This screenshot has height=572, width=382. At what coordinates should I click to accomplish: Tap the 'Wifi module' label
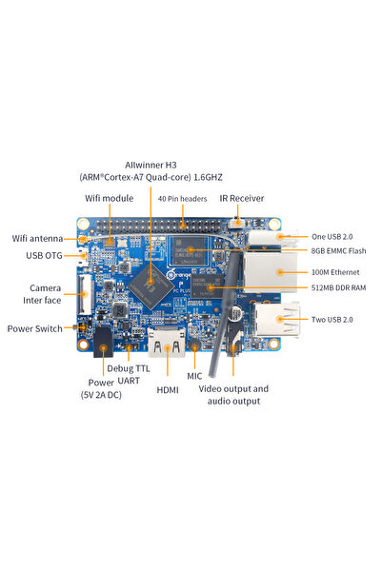pos(111,198)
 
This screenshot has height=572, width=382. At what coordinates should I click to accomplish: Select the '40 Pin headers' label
pos(182,198)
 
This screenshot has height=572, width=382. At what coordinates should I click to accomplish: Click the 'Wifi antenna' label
pos(37,238)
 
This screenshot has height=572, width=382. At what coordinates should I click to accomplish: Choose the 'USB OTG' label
pos(45,255)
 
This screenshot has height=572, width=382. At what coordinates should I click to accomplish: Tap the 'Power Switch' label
pos(34,328)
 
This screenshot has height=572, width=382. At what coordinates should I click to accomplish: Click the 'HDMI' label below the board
pos(167,390)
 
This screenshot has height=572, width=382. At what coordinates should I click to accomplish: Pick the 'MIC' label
pos(194,376)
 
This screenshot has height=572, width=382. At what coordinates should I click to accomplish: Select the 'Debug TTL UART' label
pos(128,374)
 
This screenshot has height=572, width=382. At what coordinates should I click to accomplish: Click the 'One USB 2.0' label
pos(332,236)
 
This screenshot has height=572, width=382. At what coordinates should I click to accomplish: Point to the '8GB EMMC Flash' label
pos(338,251)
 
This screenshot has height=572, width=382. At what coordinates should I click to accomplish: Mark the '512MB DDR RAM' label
pos(338,287)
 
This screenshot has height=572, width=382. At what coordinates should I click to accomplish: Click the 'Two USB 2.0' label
pos(332,320)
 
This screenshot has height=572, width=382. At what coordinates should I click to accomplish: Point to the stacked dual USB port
pos(277,322)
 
